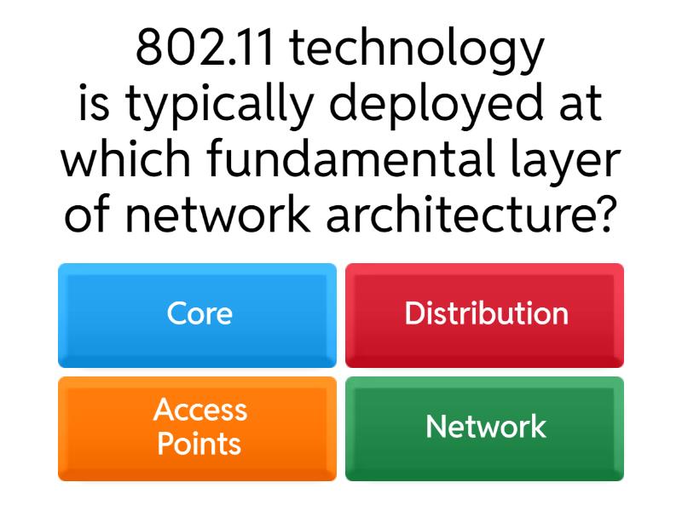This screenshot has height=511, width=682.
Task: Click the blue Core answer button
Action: [197, 315]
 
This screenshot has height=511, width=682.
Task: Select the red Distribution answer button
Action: [484, 315]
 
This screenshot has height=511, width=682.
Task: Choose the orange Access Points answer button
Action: [197, 428]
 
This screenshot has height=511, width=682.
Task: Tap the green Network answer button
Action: [484, 428]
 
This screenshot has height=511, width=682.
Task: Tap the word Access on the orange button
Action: [200, 411]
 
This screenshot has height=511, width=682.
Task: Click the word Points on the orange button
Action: [199, 445]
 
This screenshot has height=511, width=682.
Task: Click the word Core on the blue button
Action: [199, 313]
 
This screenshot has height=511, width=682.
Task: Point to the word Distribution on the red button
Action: [486, 313]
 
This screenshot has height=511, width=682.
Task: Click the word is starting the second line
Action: [97, 105]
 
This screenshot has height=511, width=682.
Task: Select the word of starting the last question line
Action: [89, 215]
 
